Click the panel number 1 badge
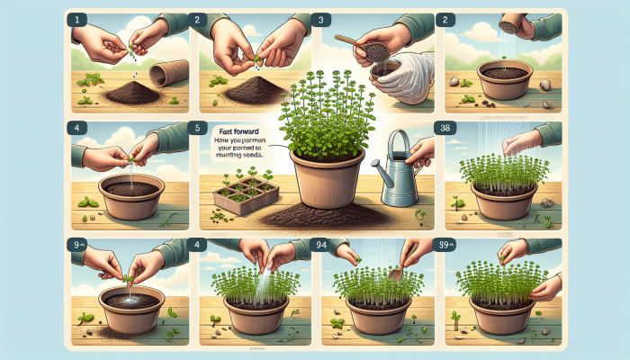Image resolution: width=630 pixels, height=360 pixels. [78, 18]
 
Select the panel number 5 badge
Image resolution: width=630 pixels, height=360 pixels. [200, 128]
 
